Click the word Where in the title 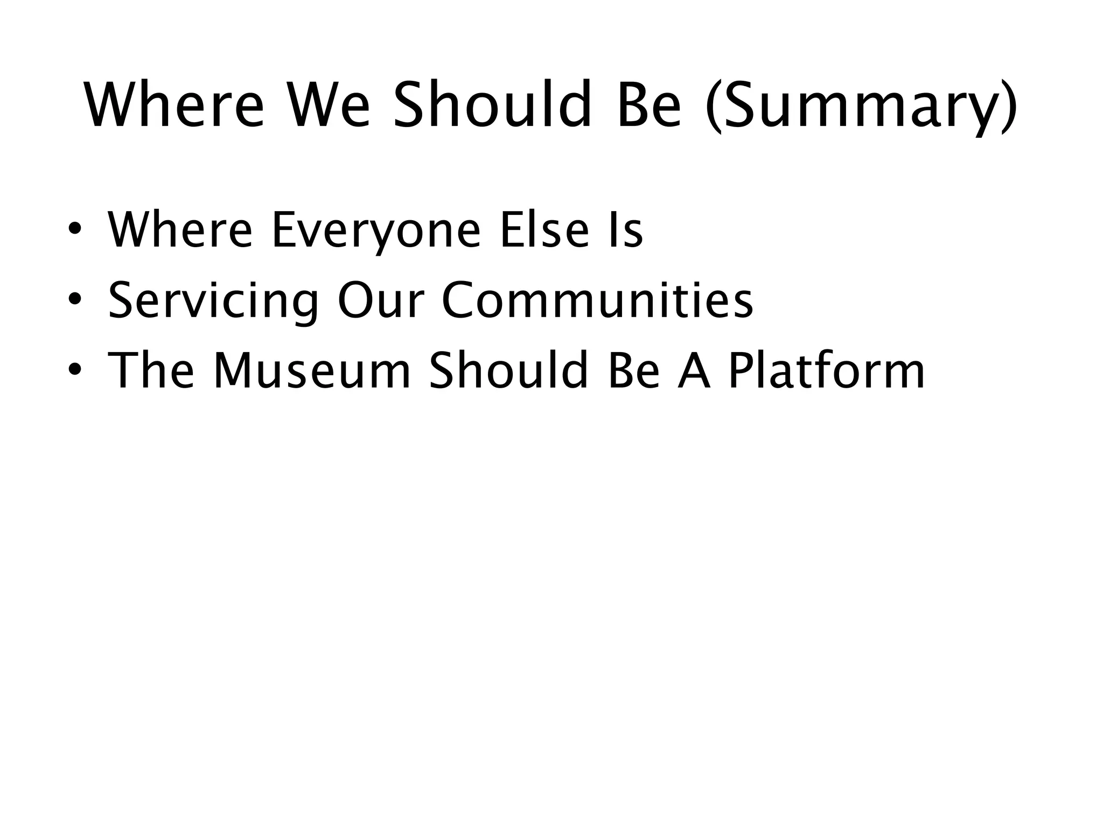point(174,105)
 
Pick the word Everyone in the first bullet point(375,232)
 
